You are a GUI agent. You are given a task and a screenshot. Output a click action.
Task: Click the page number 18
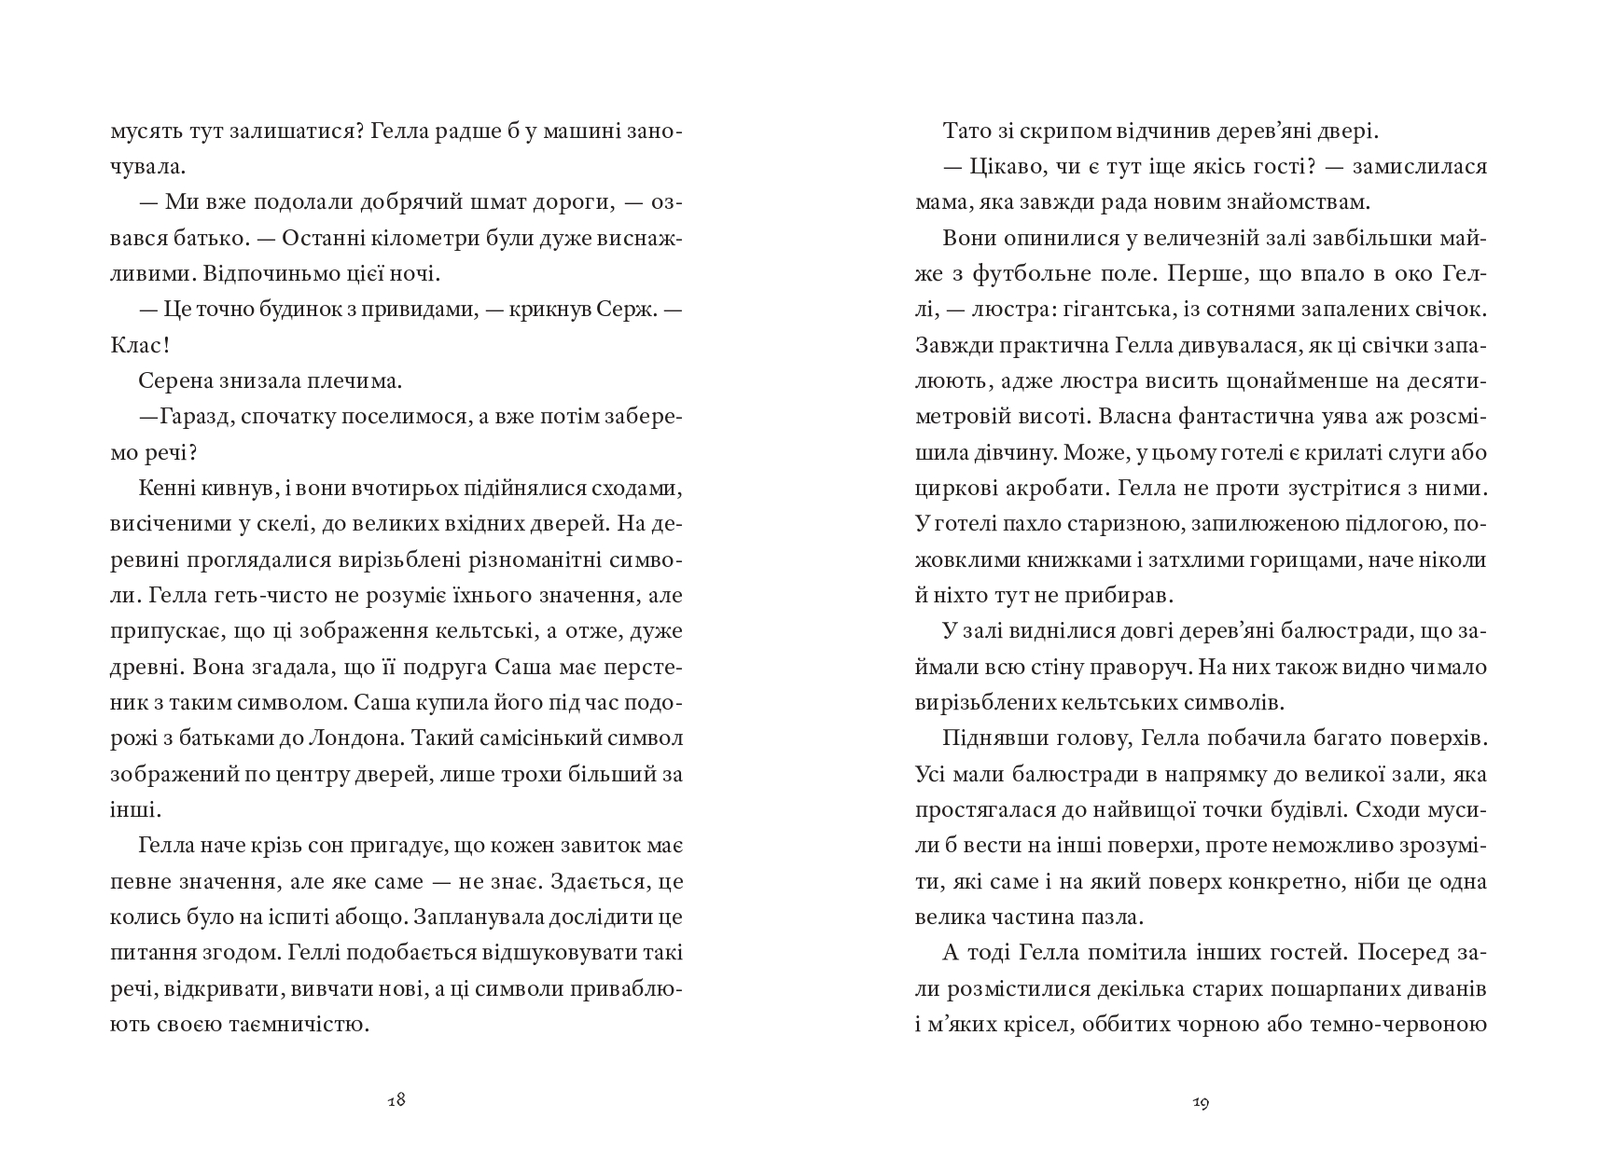[x=396, y=1100]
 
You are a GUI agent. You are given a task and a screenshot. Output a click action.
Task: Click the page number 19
[x=1202, y=1103]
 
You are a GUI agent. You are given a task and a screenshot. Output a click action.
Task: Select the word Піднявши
[x=993, y=738]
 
